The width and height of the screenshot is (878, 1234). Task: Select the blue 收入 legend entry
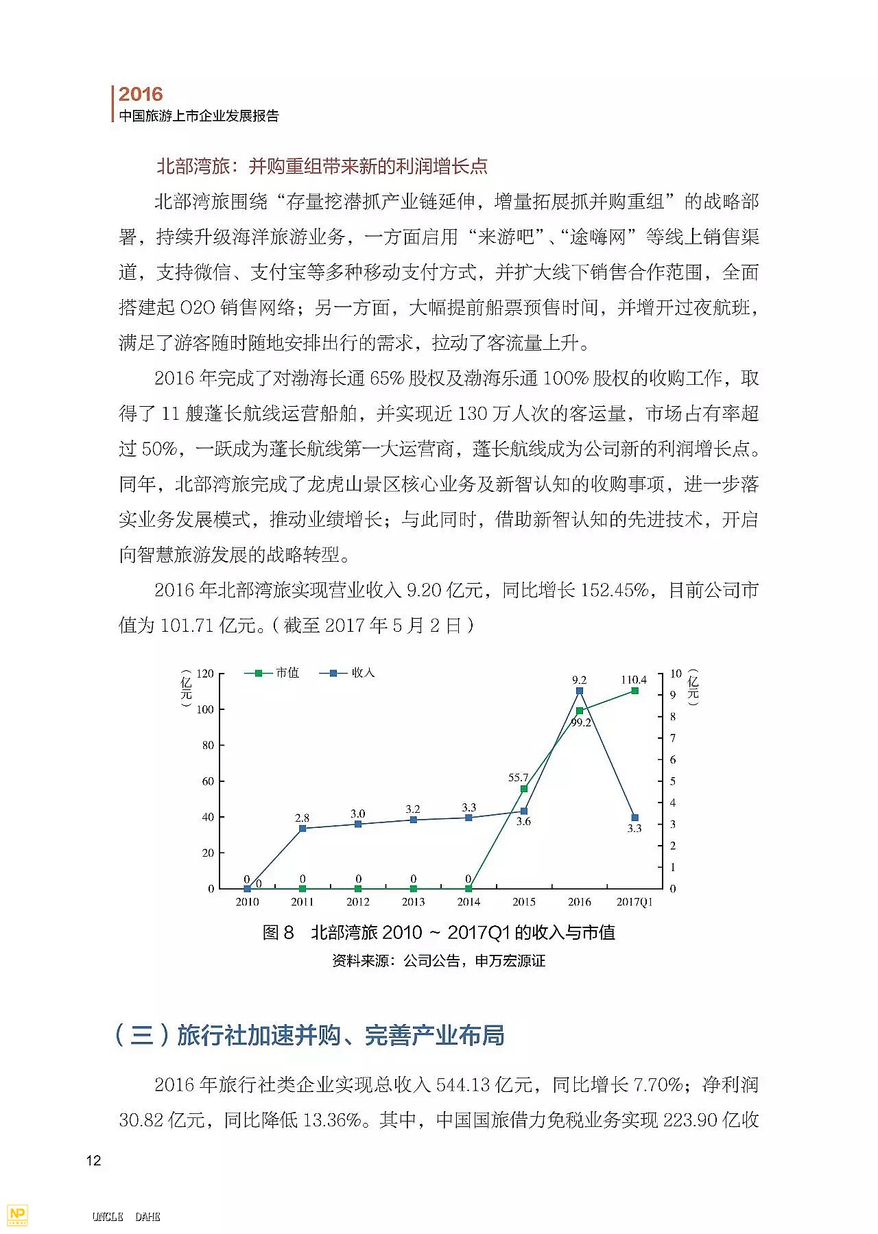coord(347,673)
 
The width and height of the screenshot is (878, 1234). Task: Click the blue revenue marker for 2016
coord(580,691)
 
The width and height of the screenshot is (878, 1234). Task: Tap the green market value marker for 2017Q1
coord(635,691)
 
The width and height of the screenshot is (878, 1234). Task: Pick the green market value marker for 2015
coord(524,789)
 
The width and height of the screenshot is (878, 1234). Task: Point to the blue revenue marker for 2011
coord(302,829)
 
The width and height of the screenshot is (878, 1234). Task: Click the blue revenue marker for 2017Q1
coord(635,818)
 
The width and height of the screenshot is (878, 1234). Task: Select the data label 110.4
coord(634,680)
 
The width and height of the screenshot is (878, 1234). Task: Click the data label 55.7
coord(518,778)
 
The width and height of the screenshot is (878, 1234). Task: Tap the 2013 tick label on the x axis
coord(413,902)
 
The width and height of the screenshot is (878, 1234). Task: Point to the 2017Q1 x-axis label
coord(634,902)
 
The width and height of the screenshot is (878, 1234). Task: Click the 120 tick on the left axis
coord(205,674)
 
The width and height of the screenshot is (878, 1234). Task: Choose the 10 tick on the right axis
coord(676,674)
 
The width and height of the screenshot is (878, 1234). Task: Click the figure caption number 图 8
coord(278,933)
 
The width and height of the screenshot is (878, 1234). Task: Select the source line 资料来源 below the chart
coord(438,961)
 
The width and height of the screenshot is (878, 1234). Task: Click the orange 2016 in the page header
coord(141,94)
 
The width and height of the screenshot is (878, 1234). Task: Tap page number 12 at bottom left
coord(93,1161)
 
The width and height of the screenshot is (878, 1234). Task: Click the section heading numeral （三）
coord(141,1035)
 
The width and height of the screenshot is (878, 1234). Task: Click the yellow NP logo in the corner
coord(17,1215)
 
